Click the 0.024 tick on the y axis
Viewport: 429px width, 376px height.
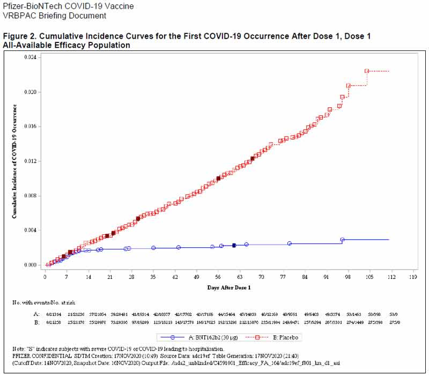[x=33, y=57]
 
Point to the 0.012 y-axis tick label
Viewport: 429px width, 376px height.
[x=33, y=161]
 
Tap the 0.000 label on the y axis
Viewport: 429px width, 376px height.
[x=33, y=265]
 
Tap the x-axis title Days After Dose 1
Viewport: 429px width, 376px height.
[x=229, y=288]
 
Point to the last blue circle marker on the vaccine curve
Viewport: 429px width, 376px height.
[x=342, y=240]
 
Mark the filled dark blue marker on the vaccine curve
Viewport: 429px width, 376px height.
[x=234, y=245]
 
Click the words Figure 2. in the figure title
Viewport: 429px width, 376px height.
[x=18, y=36]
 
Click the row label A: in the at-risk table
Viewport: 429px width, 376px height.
[x=37, y=314]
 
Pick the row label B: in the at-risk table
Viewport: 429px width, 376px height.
[x=37, y=323]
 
